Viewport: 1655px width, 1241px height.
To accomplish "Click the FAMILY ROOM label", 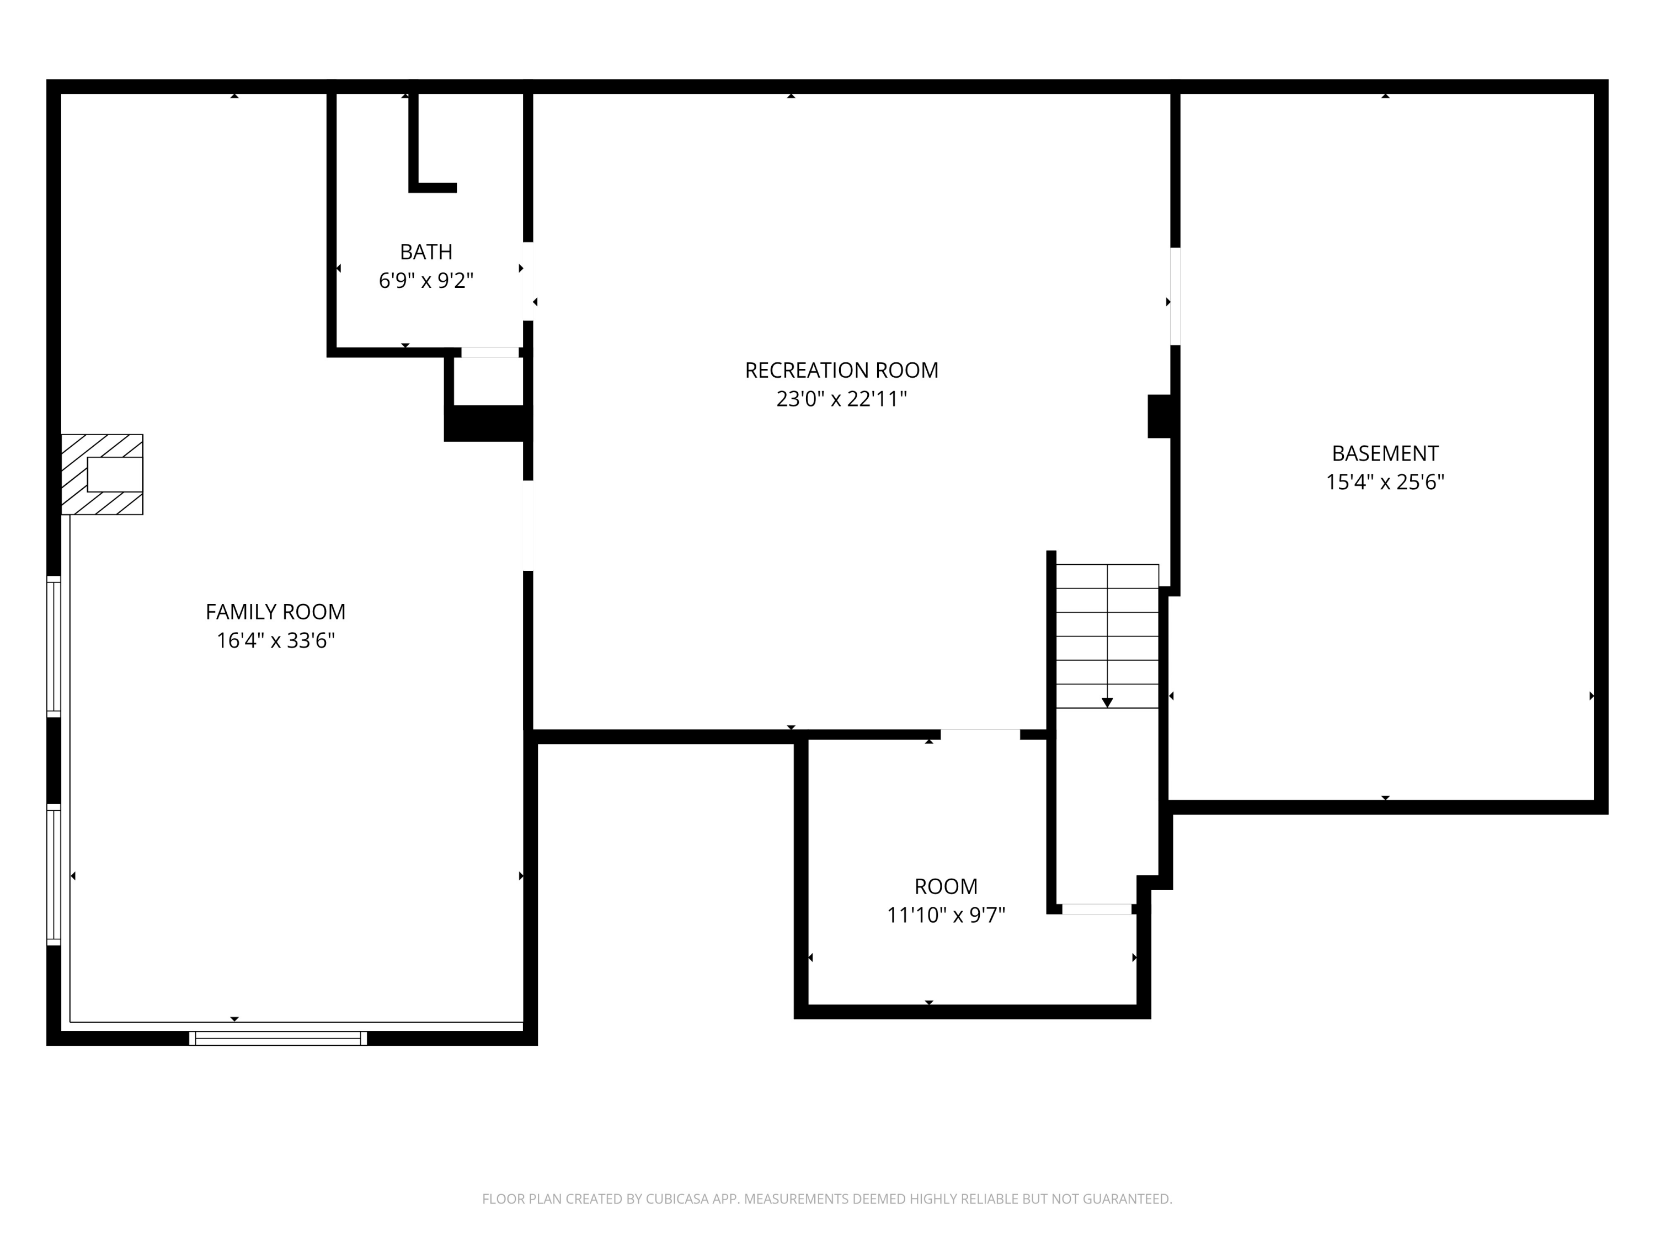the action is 275,612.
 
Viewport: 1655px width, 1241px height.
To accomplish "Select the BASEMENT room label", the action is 1385,453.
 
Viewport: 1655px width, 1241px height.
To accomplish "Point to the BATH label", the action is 426,252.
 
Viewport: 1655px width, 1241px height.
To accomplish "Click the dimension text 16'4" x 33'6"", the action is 275,641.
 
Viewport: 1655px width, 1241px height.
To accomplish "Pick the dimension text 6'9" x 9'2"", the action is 426,281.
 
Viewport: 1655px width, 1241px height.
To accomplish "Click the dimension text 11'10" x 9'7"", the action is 946,916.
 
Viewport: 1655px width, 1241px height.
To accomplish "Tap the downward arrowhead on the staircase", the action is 1107,703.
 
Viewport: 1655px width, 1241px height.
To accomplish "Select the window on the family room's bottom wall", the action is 277,1038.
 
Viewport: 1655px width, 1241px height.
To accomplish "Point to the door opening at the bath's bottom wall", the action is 490,352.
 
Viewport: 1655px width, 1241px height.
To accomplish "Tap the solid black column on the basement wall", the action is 1160,416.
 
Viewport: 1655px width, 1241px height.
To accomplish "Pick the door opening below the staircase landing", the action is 1097,909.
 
